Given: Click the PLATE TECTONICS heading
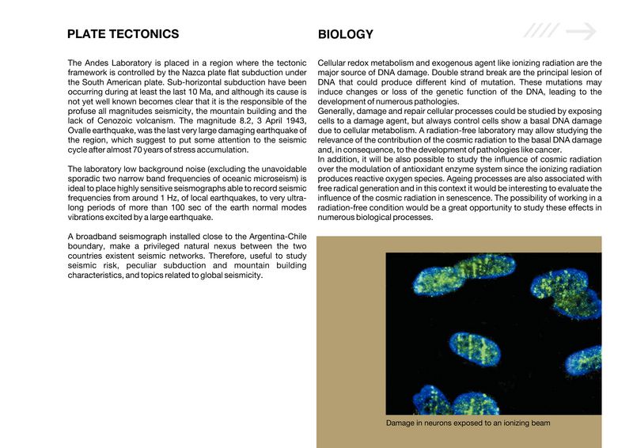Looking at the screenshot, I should [123, 34].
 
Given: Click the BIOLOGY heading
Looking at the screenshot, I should [345, 35].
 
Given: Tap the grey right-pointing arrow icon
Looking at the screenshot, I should [581, 31].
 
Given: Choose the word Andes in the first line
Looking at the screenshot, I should [99, 63].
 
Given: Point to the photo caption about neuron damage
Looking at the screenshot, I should [468, 423].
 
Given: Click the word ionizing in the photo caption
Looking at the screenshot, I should [514, 423].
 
